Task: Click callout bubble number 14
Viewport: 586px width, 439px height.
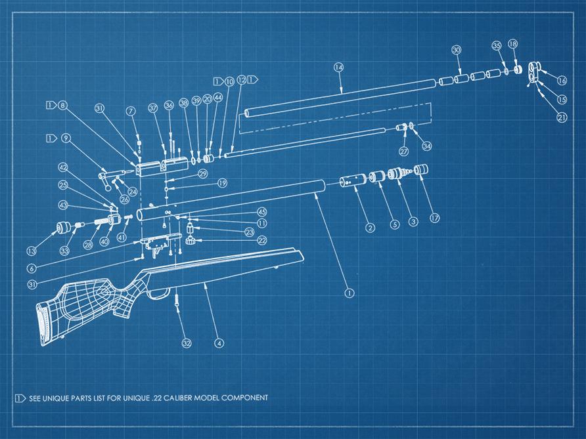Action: pyautogui.click(x=339, y=67)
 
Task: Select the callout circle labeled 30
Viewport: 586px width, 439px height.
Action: pyautogui.click(x=457, y=50)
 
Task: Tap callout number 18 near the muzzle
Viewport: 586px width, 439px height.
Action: pyautogui.click(x=513, y=44)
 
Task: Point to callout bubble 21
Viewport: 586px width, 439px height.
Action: pyautogui.click(x=562, y=117)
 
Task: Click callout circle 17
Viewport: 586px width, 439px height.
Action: pyautogui.click(x=434, y=218)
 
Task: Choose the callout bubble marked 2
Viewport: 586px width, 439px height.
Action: pyautogui.click(x=371, y=228)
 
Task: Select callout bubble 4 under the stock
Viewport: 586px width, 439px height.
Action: pyautogui.click(x=219, y=343)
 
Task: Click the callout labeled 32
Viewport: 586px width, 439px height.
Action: pyautogui.click(x=187, y=343)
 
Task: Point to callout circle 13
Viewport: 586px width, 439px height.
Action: pyautogui.click(x=31, y=251)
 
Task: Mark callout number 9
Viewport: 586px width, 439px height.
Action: pyautogui.click(x=65, y=138)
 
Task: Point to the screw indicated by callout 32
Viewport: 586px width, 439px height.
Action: pyautogui.click(x=177, y=301)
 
